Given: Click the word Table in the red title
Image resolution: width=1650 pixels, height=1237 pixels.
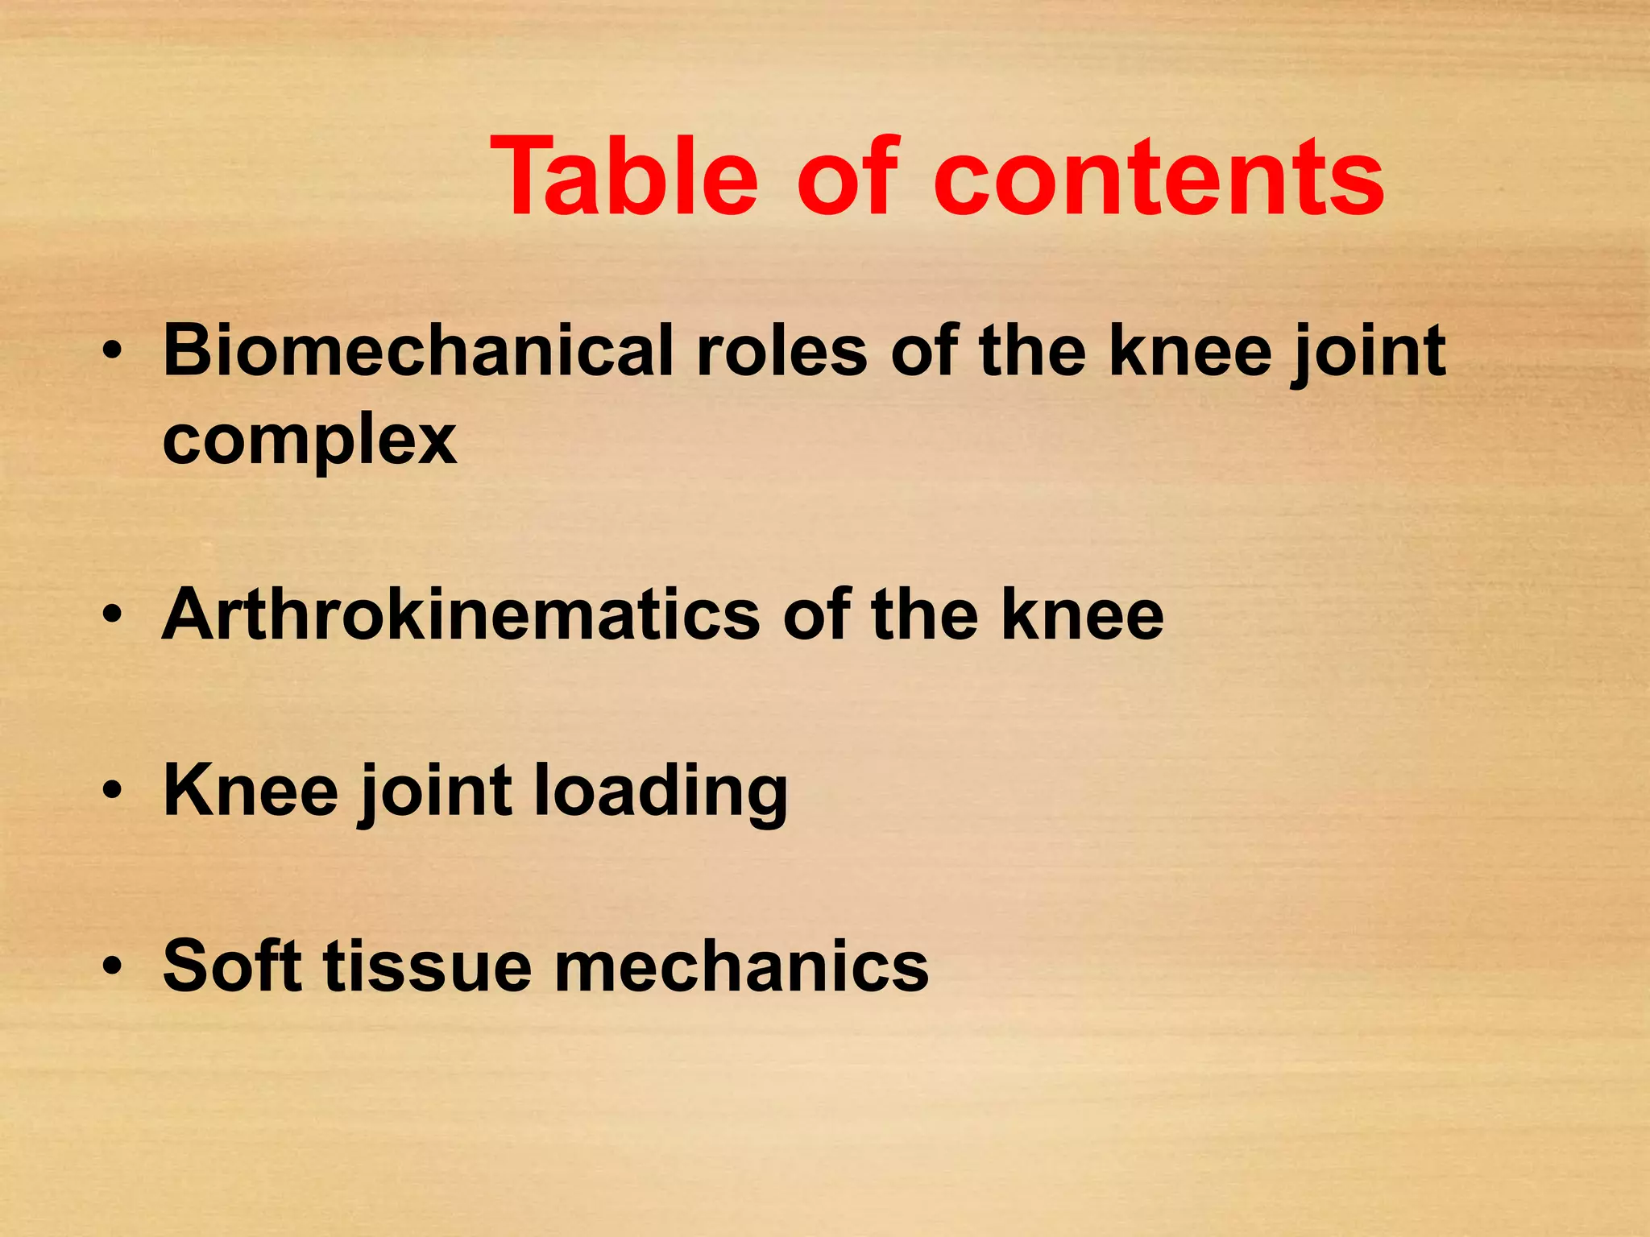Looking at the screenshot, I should tap(624, 176).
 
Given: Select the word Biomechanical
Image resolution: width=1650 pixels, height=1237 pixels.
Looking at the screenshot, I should tap(418, 352).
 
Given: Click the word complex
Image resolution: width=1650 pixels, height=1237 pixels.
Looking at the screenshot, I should tap(309, 441).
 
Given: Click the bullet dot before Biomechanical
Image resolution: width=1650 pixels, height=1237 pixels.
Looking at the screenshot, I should tap(112, 353).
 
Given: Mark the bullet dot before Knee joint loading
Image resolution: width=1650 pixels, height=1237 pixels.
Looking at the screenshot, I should tap(112, 792).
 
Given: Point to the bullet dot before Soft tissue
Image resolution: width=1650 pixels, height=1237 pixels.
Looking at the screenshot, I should tap(112, 966).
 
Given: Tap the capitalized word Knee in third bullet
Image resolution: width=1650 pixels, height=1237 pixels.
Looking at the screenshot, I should tap(251, 792).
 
